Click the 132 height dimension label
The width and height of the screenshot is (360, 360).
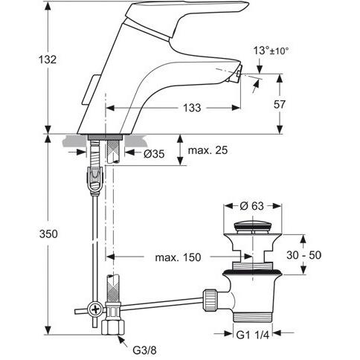[x=48, y=60]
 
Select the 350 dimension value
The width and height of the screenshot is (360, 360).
[x=48, y=234]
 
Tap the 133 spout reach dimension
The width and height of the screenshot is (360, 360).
[x=192, y=108]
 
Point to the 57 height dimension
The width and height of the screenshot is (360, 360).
[x=280, y=104]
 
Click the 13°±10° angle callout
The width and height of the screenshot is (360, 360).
[x=271, y=51]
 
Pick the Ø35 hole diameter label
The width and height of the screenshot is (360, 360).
[x=154, y=154]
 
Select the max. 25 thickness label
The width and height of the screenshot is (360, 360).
[x=208, y=150]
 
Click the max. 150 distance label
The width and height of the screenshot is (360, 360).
[x=178, y=257]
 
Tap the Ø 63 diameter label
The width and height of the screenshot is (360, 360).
[x=252, y=206]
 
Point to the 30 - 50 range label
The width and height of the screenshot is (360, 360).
[x=303, y=255]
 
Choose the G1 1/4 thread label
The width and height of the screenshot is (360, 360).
[x=252, y=335]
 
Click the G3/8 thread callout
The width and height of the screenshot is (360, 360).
[x=144, y=350]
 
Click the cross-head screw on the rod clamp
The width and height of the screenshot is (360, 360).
[x=96, y=309]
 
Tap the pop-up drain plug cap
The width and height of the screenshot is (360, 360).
[x=252, y=228]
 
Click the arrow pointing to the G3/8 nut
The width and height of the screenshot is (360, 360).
[x=123, y=341]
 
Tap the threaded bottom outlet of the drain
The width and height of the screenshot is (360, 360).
[x=253, y=317]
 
